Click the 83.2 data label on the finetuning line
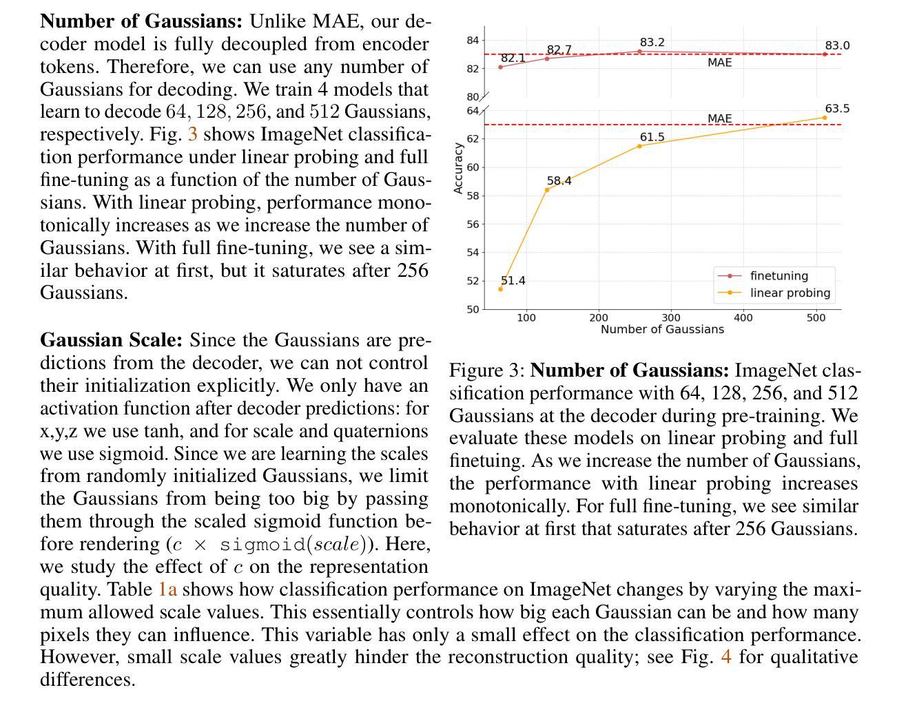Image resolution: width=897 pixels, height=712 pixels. (652, 43)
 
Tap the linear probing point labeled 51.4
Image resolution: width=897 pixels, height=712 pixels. (501, 289)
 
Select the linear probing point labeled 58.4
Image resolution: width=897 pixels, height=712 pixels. (547, 190)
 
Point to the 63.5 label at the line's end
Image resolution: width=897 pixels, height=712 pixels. (837, 109)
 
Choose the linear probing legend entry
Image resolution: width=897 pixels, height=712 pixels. (774, 293)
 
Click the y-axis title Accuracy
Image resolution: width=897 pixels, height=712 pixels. (458, 168)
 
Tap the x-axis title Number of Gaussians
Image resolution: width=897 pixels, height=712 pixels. (662, 330)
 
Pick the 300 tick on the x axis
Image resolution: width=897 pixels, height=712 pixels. (670, 318)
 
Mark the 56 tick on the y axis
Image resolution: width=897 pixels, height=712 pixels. (473, 224)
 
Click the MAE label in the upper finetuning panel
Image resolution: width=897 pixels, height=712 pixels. (720, 63)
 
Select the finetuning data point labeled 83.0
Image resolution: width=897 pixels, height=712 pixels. (825, 54)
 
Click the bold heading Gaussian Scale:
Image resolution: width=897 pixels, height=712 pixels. (112, 340)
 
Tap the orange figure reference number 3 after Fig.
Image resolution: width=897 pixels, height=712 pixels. (193, 134)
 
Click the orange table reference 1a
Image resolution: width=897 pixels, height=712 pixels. (168, 589)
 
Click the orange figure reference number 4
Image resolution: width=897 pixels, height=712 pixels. (726, 657)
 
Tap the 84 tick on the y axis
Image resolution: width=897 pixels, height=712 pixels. (473, 41)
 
